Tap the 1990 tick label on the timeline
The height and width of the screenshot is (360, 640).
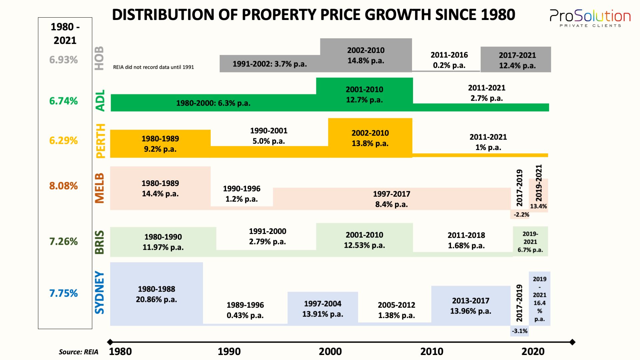pos(229,351)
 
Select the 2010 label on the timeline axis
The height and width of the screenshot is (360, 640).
pos(432,351)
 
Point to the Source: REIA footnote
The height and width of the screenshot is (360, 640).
pos(78,352)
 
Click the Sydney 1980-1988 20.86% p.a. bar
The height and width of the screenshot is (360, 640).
pos(156,294)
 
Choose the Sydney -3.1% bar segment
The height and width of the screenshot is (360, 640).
pos(519,331)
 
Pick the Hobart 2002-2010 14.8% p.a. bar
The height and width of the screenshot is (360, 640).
pos(366,55)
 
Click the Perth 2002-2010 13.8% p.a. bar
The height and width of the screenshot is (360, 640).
pos(370,138)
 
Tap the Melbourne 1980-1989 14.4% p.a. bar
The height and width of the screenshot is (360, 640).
pos(160,188)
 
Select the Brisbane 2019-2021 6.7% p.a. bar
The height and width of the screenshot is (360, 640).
pos(530,242)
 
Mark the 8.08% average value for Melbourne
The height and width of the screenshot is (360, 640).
pos(63,186)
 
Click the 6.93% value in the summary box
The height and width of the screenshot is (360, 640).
pos(63,60)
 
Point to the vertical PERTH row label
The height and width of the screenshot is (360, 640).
pos(100,141)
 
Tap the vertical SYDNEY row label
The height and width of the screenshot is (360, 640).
pos(100,292)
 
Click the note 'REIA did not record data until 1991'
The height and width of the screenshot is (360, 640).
pos(153,67)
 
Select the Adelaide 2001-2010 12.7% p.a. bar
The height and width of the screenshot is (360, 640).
pos(364,94)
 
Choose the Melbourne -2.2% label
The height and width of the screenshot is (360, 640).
pos(521,215)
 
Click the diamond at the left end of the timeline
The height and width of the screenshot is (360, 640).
pos(110,342)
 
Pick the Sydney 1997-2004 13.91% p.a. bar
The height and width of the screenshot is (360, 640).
pos(322,308)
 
